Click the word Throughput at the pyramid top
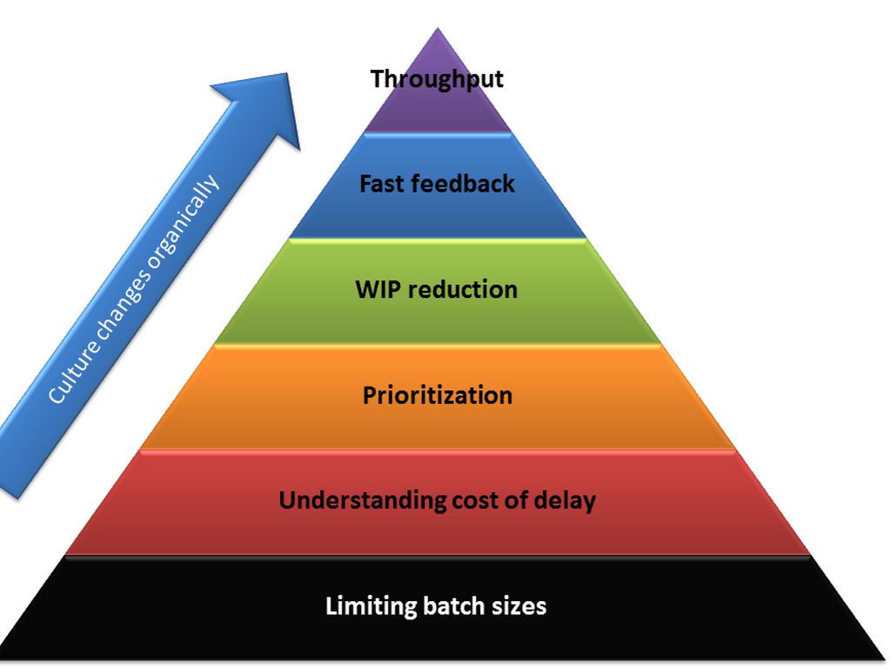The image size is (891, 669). (x=437, y=79)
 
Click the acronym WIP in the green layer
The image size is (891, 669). (x=376, y=289)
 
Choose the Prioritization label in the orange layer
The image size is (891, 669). (x=437, y=395)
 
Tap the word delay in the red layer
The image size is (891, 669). (x=566, y=501)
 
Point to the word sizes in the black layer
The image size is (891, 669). (x=519, y=606)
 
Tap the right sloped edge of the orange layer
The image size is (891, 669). (x=699, y=396)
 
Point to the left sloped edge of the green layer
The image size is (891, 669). (x=252, y=291)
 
